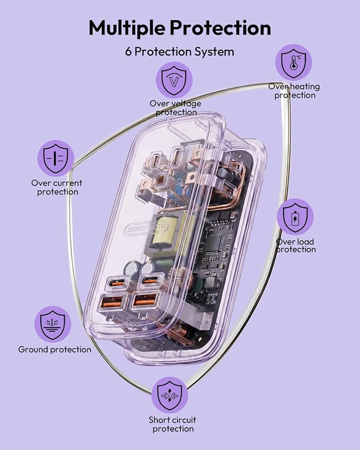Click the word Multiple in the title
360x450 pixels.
pyautogui.click(x=127, y=28)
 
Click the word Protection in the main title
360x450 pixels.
pyautogui.click(x=221, y=28)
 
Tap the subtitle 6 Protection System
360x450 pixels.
pyautogui.click(x=180, y=51)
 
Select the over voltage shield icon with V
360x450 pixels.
pyautogui.click(x=174, y=80)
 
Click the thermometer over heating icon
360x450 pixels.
pyautogui.click(x=293, y=62)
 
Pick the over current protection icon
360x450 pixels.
pyautogui.click(x=56, y=158)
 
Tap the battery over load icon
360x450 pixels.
pyautogui.click(x=295, y=217)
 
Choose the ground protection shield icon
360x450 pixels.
pyautogui.click(x=52, y=324)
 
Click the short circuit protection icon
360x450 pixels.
pyautogui.click(x=170, y=395)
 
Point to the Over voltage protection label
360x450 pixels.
pyautogui.click(x=175, y=108)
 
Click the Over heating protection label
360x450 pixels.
pyautogui.click(x=294, y=91)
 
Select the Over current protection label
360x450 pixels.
pyautogui.click(x=57, y=187)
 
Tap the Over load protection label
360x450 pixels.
pyautogui.click(x=295, y=245)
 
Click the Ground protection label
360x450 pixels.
pyautogui.click(x=55, y=349)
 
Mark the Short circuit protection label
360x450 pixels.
pyautogui.click(x=172, y=424)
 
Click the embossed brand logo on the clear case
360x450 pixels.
pyautogui.click(x=147, y=228)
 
